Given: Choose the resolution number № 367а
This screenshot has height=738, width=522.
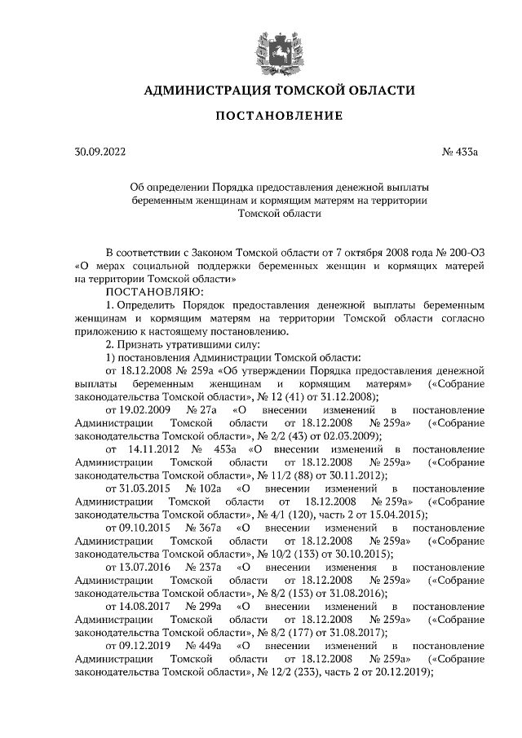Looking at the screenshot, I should pos(204,527).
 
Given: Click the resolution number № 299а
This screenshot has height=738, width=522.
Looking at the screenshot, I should pos(204,605).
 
